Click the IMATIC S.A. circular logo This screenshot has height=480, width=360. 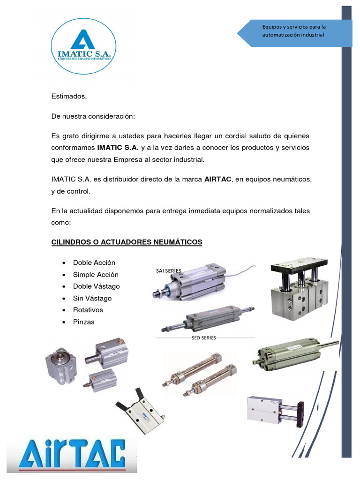83,46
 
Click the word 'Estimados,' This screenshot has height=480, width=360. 69,97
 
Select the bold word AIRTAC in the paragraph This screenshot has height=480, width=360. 218,180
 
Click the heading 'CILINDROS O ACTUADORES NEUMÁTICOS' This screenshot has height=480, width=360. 127,242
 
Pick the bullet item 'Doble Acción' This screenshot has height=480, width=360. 94,262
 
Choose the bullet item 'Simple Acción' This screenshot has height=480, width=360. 96,275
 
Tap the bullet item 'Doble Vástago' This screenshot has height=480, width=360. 96,286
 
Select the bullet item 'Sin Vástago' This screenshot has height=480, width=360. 92,298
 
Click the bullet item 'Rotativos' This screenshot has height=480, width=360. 88,310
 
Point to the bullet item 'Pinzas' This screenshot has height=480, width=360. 83,322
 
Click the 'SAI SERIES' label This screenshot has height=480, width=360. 169,270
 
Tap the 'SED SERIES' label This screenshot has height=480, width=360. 204,338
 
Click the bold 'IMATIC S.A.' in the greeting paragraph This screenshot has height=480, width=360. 118,147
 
